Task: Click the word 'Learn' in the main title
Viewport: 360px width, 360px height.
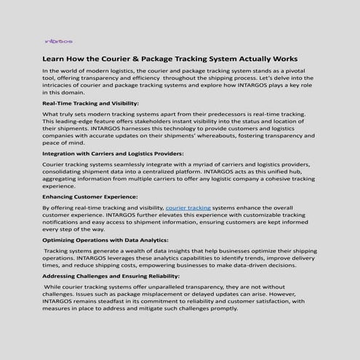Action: [57, 57]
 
